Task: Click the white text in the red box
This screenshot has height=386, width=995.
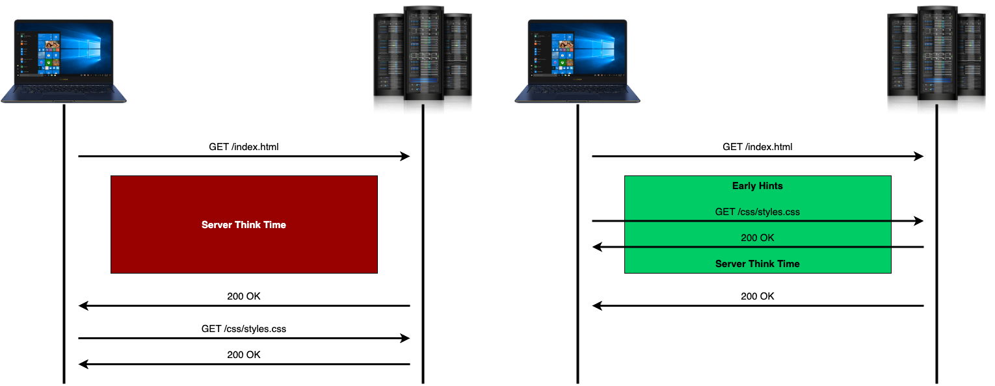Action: coord(244,225)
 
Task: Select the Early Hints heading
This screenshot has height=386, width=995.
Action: coord(757,186)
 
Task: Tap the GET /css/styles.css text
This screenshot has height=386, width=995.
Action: coord(757,211)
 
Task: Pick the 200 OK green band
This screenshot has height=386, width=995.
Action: coord(757,235)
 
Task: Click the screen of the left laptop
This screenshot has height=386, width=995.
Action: coord(64,50)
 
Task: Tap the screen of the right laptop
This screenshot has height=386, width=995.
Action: coord(577,50)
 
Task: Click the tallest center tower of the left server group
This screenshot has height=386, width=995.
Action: coord(423,58)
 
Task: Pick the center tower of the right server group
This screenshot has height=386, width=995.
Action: coord(937,58)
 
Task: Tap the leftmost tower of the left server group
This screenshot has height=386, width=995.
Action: coord(389,62)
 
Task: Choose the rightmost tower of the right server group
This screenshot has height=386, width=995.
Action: coord(971,62)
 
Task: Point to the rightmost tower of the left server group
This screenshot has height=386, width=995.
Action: coord(457,62)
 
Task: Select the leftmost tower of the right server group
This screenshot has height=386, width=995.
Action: coord(903,62)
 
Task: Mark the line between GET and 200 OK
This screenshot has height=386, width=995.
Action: coord(757,221)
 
